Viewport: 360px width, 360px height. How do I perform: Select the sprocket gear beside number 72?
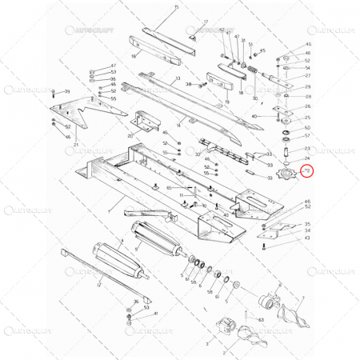point(284,174)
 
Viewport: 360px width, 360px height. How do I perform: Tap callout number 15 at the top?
point(177,6)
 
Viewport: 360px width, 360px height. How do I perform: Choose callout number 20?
point(130,136)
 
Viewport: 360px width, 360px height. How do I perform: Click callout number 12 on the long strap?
point(98,284)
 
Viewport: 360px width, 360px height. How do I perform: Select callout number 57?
point(308,137)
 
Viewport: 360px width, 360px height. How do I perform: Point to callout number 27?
point(308,76)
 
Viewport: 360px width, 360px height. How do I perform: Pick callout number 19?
point(227,102)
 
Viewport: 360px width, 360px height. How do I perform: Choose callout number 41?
point(155,314)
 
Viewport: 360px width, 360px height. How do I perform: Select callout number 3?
point(206,342)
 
